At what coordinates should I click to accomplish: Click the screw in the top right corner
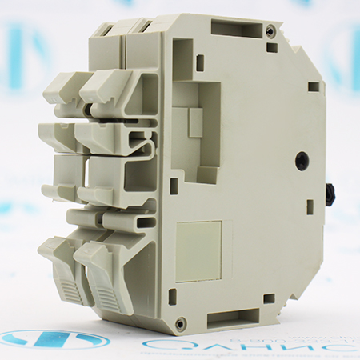(271, 32)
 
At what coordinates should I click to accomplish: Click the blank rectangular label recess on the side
(198, 251)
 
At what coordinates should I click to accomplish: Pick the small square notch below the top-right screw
(272, 48)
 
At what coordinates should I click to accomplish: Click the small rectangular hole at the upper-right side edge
(314, 86)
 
